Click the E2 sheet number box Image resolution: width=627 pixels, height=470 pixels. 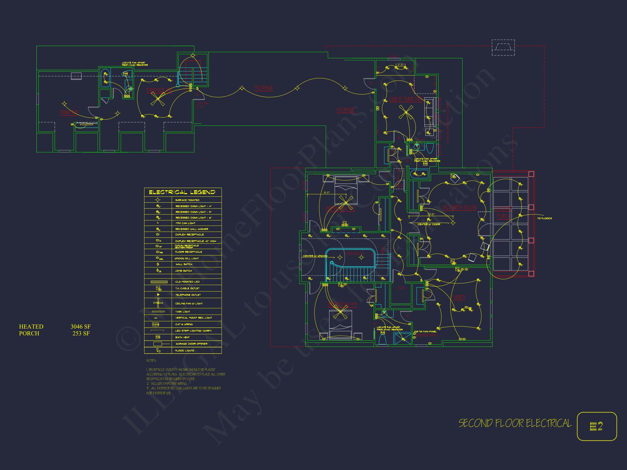tap(597, 426)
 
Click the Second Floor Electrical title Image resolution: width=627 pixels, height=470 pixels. tap(515, 423)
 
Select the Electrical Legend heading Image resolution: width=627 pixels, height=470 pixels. tap(182, 192)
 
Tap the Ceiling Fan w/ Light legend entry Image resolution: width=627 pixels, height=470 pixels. tap(189, 304)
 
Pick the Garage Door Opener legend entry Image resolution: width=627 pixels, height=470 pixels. tap(191, 344)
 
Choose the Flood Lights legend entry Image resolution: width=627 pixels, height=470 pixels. tap(185, 350)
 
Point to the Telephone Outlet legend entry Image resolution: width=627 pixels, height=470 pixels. tap(188, 295)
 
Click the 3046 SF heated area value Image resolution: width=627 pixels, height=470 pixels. tap(81, 327)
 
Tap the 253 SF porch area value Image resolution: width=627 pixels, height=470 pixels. tap(81, 333)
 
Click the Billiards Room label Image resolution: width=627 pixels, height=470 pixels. tap(459, 208)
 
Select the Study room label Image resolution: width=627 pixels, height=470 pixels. tap(459, 297)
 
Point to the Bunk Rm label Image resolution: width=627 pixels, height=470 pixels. tap(69, 112)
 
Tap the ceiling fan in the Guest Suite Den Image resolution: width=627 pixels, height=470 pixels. tap(406, 112)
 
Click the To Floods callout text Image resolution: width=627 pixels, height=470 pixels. tap(544, 218)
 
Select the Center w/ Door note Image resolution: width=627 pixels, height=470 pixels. tap(429, 224)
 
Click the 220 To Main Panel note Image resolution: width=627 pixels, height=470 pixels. tap(425, 332)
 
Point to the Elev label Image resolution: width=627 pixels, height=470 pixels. tap(401, 288)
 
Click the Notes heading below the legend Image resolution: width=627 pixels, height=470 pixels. tap(151, 360)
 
